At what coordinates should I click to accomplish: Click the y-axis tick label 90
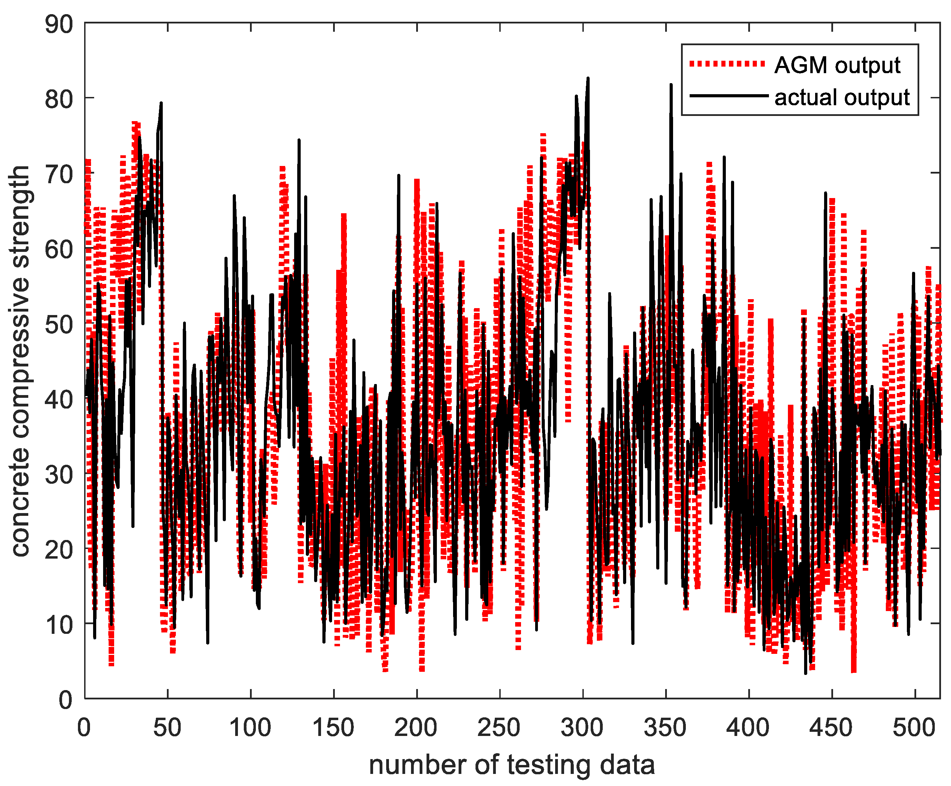coord(59,24)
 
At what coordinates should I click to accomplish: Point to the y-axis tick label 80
coord(59,100)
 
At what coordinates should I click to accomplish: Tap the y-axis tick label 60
coord(59,249)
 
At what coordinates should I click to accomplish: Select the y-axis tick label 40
coord(59,400)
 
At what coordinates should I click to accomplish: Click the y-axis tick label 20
coord(59,550)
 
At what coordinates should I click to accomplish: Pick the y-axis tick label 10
coord(59,625)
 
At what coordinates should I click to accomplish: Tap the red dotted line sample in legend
coord(727,64)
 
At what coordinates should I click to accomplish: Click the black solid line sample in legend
coord(728,96)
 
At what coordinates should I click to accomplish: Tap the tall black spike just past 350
coord(671,85)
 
